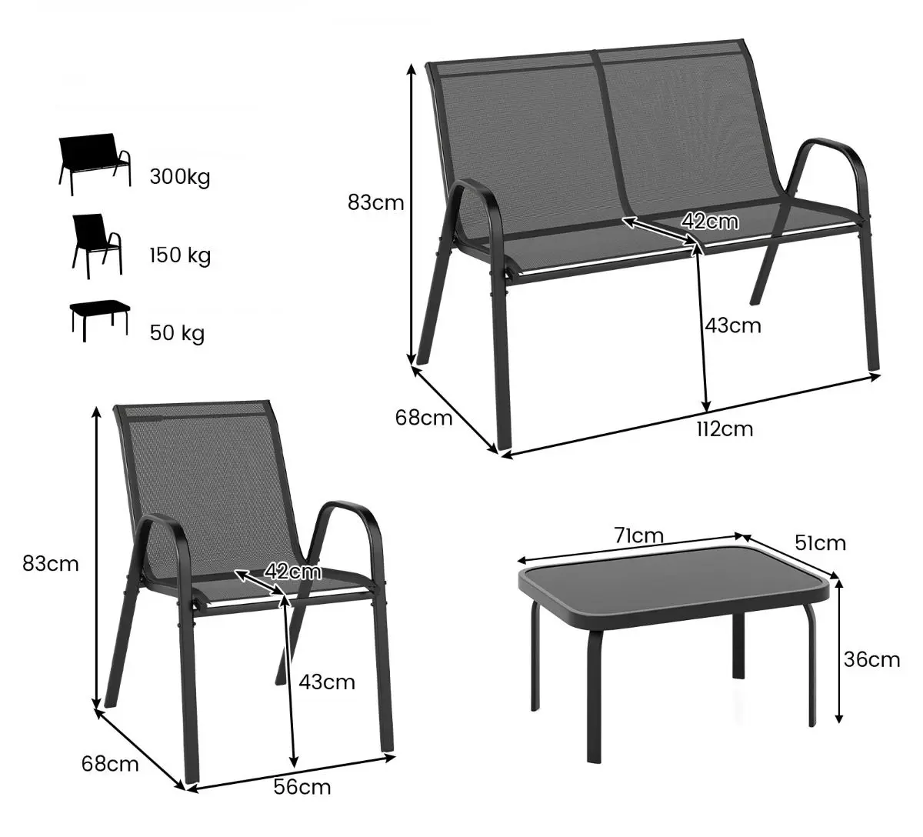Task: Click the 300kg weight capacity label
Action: (180, 177)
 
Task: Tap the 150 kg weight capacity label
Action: (180, 255)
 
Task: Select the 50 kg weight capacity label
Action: (177, 333)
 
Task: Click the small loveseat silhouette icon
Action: (95, 164)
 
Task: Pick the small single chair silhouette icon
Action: (97, 246)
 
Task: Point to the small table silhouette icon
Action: (100, 321)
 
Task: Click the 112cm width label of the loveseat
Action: (725, 429)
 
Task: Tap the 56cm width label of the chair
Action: (302, 787)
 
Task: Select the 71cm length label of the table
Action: (638, 535)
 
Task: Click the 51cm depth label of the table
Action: (821, 543)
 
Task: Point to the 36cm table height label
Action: (871, 660)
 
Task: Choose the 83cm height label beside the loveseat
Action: (375, 202)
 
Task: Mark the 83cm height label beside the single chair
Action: (51, 564)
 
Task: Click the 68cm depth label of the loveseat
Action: (424, 418)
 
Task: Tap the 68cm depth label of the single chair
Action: (110, 764)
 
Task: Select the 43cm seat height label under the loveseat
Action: (733, 325)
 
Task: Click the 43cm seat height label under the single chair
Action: (327, 682)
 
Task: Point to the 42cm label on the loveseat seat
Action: (710, 222)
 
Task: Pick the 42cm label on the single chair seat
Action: (292, 572)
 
